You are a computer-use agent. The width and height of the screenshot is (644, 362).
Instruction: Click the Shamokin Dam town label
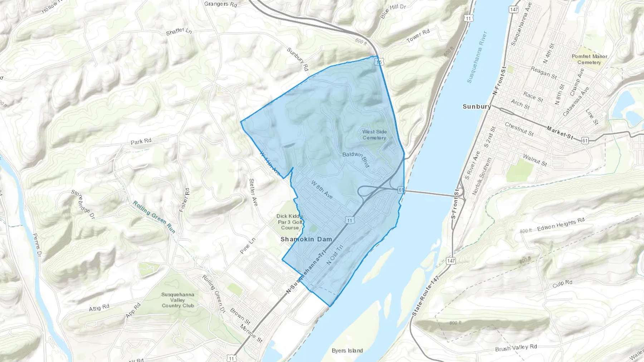click(306, 239)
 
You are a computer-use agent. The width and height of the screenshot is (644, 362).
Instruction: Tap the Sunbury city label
click(477, 106)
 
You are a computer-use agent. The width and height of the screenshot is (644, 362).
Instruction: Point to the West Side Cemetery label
click(374, 135)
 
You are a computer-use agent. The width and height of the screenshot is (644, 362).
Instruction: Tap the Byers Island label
click(347, 351)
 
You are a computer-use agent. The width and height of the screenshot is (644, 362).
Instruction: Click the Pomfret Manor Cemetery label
click(589, 59)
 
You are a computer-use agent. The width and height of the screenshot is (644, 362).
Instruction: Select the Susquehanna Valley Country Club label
click(178, 300)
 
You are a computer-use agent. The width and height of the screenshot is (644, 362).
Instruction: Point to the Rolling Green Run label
click(154, 217)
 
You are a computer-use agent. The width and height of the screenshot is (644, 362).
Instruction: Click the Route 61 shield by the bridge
click(401, 190)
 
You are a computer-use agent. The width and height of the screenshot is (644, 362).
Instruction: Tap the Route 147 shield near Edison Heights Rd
click(451, 261)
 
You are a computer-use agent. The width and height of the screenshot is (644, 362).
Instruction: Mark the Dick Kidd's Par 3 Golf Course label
click(290, 222)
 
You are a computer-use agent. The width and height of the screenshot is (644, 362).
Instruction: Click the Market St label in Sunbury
click(560, 132)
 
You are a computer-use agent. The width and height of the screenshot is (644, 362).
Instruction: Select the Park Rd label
click(141, 142)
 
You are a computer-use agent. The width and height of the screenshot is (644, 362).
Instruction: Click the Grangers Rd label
click(220, 4)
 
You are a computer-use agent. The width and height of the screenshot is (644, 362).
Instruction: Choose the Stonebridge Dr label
click(83, 204)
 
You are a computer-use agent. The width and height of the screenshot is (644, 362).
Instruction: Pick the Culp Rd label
click(562, 284)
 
